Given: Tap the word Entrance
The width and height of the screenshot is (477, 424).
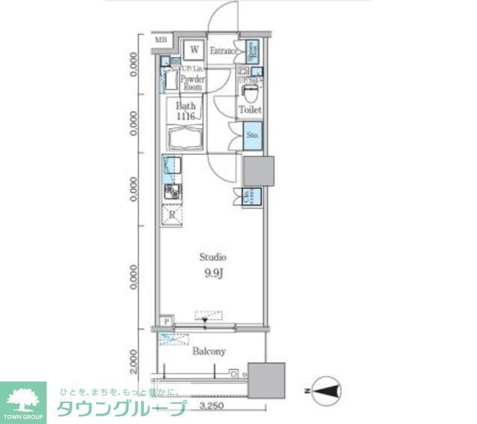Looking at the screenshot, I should tap(223, 51).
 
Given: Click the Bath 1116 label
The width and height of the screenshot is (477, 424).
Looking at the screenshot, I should tap(185, 112).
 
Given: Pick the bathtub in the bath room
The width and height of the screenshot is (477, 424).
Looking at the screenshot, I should tap(186, 139).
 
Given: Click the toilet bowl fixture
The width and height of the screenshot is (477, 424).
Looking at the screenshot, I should tap(250, 94).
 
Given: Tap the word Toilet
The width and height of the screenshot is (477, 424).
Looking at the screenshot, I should tap(250, 110).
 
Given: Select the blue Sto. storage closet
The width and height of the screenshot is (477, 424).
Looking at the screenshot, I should tap(253, 136).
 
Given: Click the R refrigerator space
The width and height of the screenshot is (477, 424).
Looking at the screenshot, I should tap(172, 215).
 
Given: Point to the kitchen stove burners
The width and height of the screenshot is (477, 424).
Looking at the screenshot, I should tap(171, 192).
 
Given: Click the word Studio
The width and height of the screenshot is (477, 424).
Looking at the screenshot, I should tap(212, 256).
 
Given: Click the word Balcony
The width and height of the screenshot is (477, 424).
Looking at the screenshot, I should tap(209, 351).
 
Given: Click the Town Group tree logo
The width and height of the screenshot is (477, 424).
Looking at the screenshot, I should tap(23, 397).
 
